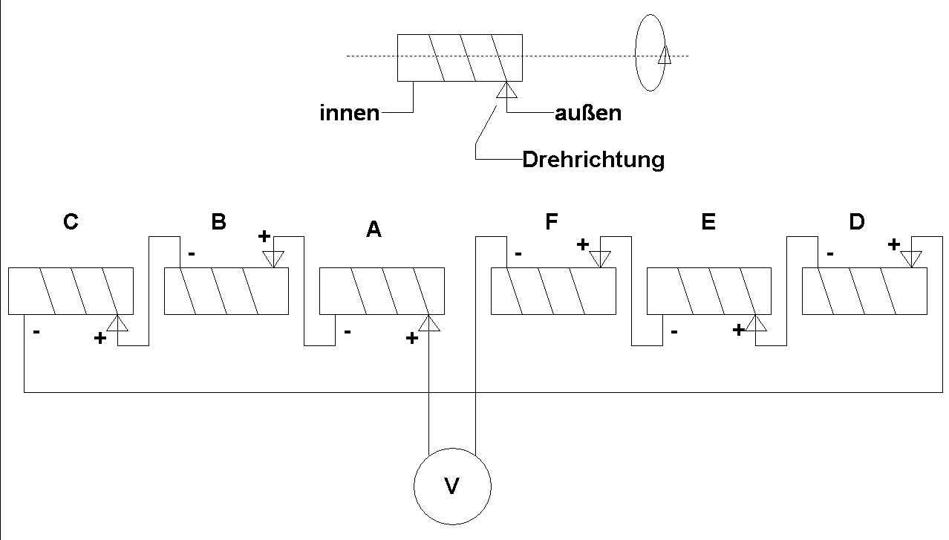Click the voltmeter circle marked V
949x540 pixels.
[x=452, y=486]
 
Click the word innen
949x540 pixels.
[x=349, y=114]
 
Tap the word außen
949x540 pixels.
[x=588, y=114]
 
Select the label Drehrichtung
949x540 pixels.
[x=593, y=160]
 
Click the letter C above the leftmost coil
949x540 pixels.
[x=71, y=223]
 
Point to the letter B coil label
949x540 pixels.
[x=218, y=223]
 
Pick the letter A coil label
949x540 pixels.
[x=374, y=230]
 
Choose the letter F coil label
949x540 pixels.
[x=552, y=223]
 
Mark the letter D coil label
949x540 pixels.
[x=856, y=223]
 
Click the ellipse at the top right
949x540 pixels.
[x=650, y=53]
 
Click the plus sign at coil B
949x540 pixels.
[x=264, y=237]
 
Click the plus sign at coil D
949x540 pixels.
[x=894, y=244]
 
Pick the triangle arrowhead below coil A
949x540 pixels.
[x=429, y=323]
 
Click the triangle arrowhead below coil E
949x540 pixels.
[x=756, y=323]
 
